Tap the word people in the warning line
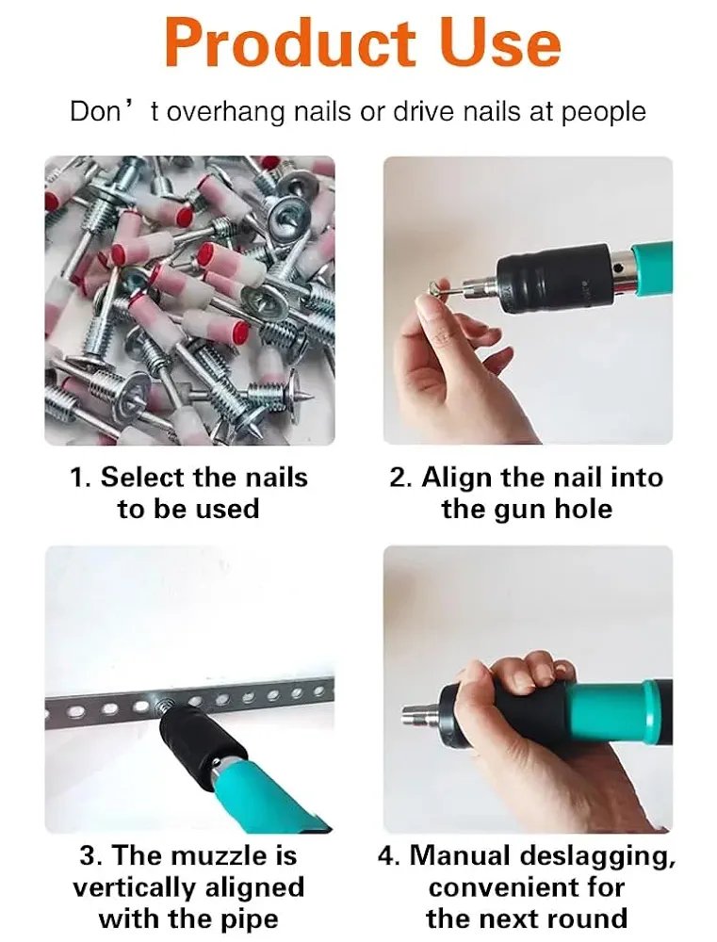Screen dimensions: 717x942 pyautogui.click(x=603, y=112)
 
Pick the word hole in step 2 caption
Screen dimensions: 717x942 pyautogui.click(x=583, y=509)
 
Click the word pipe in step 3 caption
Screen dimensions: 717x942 pyautogui.click(x=252, y=919)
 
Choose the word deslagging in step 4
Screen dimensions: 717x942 pyautogui.click(x=595, y=856)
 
